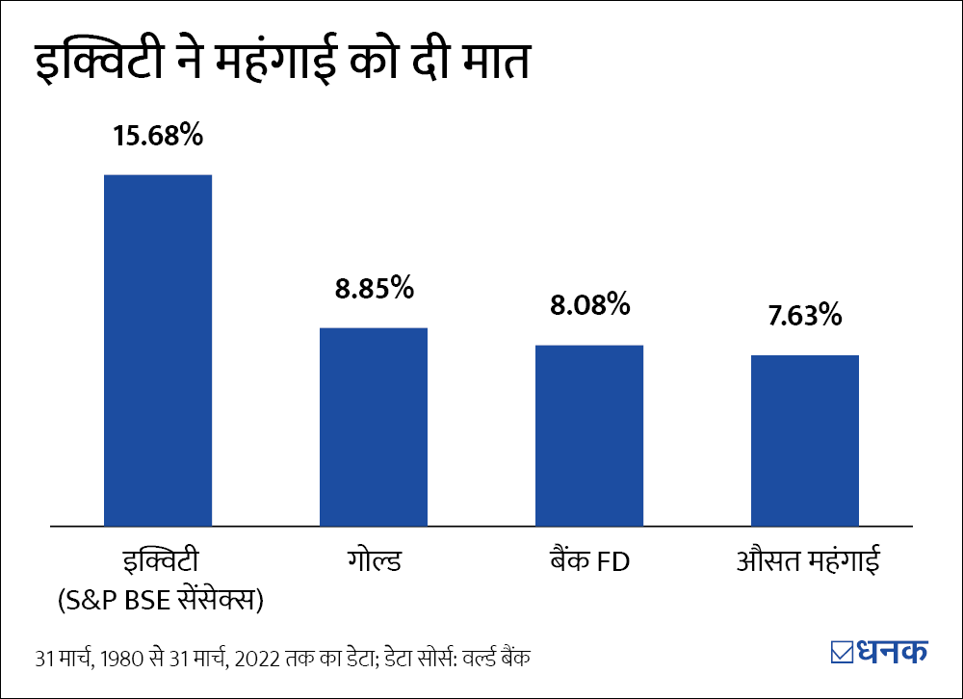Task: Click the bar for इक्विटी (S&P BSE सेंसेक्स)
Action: click(158, 350)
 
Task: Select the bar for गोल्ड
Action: click(374, 427)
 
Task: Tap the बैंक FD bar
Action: click(589, 435)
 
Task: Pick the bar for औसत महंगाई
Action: click(805, 440)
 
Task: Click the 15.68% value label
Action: click(158, 136)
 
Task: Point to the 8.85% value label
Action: click(374, 288)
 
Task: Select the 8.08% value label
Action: click(589, 306)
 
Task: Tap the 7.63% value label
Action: click(805, 315)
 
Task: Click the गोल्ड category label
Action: click(374, 561)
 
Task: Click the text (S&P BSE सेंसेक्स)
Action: click(160, 600)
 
